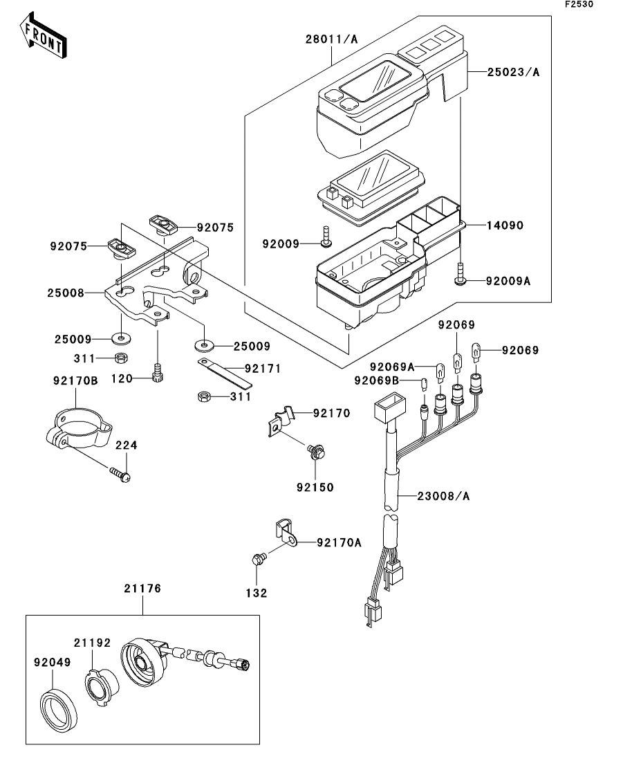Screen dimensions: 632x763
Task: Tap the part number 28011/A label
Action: (x=331, y=39)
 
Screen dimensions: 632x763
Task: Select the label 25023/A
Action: (x=513, y=73)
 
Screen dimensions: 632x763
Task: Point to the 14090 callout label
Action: (x=505, y=226)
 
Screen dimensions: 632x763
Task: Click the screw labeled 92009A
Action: (x=460, y=273)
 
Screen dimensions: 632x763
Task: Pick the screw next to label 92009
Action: (x=326, y=236)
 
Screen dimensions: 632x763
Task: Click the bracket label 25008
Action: (x=66, y=293)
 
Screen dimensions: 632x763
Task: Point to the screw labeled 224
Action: (x=120, y=473)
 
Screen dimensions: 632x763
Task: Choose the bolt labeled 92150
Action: (x=315, y=451)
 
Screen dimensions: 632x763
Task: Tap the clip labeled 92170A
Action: (x=284, y=532)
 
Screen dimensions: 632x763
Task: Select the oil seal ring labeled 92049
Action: (x=58, y=707)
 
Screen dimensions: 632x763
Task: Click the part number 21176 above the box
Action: (x=142, y=588)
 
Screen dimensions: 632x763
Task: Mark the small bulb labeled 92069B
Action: (x=424, y=384)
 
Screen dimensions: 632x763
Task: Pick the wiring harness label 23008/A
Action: (x=443, y=497)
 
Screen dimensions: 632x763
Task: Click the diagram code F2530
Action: (x=579, y=4)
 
